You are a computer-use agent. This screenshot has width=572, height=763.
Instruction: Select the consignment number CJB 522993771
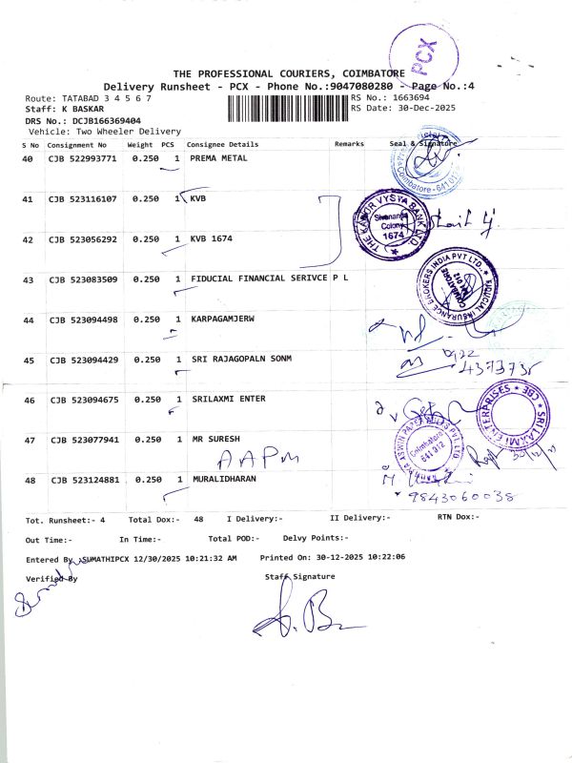[82, 158]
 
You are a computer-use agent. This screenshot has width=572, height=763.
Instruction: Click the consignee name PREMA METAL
[218, 158]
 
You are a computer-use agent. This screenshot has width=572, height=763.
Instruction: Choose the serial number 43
[28, 279]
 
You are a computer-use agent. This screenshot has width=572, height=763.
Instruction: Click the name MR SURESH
[214, 440]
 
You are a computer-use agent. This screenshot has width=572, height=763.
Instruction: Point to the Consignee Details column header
[222, 144]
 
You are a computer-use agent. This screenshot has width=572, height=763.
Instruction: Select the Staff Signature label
[300, 577]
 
